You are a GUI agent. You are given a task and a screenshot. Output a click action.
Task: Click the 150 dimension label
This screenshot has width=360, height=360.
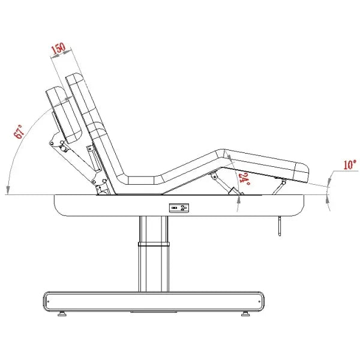pos(58,49)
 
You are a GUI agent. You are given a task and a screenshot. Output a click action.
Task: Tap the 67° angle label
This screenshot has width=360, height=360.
pos(19,131)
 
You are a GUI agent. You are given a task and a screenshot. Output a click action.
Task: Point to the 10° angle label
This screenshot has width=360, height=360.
pos(350,165)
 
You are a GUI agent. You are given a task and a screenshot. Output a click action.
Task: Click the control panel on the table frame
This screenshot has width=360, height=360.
pos(179,208)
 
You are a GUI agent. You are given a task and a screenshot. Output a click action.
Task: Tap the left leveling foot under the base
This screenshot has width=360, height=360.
pos(62,314)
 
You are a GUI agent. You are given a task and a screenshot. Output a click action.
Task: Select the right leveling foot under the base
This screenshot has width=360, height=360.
pos(245,314)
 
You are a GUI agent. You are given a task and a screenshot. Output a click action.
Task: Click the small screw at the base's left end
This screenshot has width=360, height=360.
pos(48,301)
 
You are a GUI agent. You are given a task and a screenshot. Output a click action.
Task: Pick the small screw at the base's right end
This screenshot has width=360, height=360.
pos(259,301)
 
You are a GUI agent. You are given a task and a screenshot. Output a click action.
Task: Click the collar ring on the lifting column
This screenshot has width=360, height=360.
pos(154,244)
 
